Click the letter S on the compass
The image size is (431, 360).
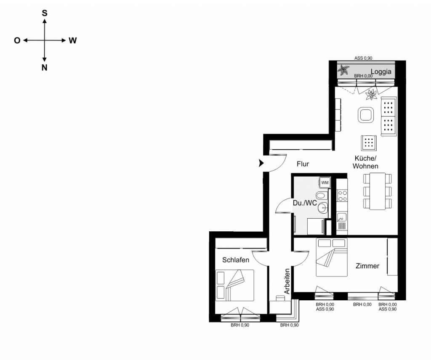[x=44, y=13]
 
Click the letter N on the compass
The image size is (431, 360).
[x=44, y=67]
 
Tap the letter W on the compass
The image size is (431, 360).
[x=72, y=40]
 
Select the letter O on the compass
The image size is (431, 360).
[x=17, y=40]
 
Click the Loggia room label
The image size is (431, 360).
[x=381, y=72]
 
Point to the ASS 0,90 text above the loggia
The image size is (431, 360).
[x=364, y=58]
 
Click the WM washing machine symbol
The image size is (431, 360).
[x=325, y=183]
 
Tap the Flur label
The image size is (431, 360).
[x=302, y=164]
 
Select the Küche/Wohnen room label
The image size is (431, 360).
[x=365, y=162]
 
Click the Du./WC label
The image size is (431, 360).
[x=305, y=203]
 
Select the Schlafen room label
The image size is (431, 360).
[x=236, y=260]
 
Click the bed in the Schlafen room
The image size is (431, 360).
[x=235, y=285]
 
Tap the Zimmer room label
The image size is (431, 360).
[x=367, y=266]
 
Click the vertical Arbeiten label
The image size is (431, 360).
[x=287, y=281]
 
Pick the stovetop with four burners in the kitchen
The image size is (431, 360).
[x=342, y=196]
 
